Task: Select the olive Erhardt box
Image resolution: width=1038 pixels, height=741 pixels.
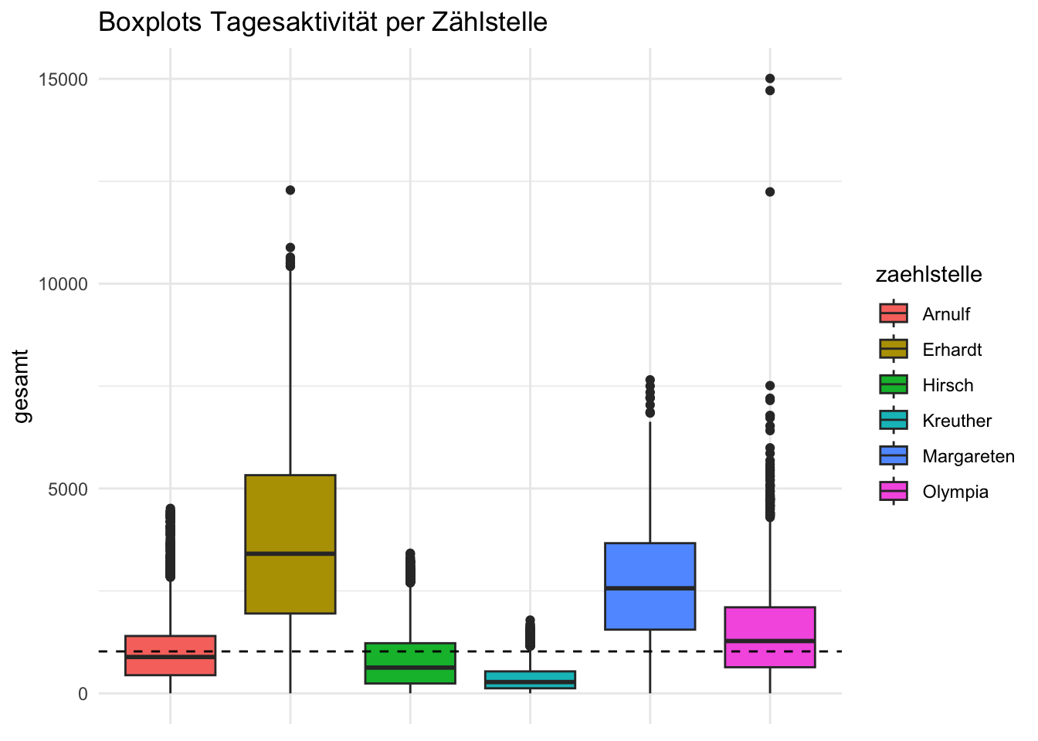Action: point(290,509)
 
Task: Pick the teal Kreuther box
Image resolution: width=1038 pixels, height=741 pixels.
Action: point(530,679)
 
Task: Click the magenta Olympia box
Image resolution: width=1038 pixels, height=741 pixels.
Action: point(769,625)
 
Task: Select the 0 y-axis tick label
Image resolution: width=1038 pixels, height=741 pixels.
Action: point(83,693)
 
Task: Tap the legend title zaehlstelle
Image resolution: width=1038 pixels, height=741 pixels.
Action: point(928,275)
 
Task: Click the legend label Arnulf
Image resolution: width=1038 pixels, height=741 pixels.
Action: point(946,314)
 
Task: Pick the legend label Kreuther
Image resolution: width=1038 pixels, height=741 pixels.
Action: point(957,421)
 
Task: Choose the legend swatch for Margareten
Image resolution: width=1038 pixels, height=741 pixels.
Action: point(894,456)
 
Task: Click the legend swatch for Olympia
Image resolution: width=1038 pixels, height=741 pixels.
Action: point(894,492)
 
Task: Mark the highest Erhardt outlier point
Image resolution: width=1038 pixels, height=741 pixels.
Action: point(290,190)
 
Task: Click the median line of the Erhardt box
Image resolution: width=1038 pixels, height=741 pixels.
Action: point(290,553)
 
